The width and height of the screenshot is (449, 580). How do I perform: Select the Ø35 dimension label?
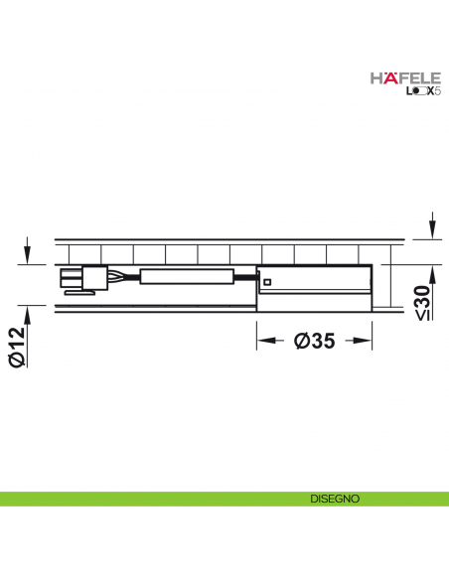(314, 342)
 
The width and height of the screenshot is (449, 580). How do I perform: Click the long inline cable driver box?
(186, 278)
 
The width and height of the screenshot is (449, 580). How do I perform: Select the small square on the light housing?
(266, 283)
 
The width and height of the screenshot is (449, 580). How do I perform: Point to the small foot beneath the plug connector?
(74, 292)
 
